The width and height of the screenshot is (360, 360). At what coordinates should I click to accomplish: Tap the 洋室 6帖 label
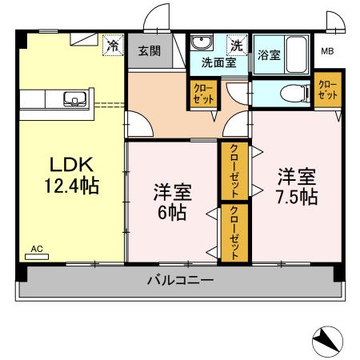(x=171, y=202)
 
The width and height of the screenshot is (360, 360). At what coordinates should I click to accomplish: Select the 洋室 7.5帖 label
(x=297, y=185)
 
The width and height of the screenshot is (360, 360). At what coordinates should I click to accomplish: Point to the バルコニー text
(x=180, y=282)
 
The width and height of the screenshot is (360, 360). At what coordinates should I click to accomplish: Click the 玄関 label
(x=148, y=50)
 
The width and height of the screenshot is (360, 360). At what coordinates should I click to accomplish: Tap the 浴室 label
(x=269, y=55)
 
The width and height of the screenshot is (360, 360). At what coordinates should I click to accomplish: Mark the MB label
(x=327, y=53)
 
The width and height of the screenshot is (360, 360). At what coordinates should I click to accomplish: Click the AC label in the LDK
(x=36, y=250)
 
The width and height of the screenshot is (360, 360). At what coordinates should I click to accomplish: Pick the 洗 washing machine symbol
(x=236, y=45)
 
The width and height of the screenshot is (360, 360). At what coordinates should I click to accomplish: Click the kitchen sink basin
(x=77, y=100)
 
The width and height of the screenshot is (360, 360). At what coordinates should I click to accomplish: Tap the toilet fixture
(x=289, y=94)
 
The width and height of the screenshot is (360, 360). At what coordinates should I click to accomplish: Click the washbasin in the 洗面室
(x=201, y=44)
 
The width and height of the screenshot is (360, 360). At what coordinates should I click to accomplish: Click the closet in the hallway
(x=200, y=94)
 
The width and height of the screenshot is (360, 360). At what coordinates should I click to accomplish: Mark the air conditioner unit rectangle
(x=37, y=258)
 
